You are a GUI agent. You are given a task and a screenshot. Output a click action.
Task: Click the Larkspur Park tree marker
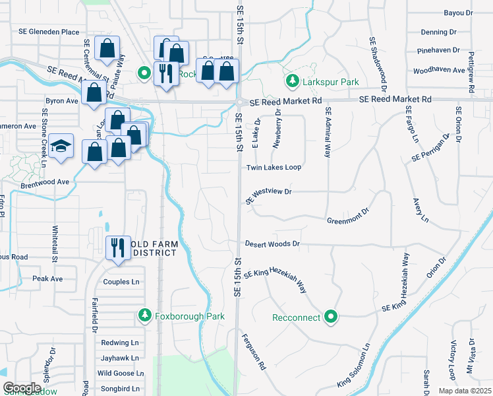click(x=291, y=81)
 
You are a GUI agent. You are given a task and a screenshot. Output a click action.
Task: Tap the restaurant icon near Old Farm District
click(x=118, y=248)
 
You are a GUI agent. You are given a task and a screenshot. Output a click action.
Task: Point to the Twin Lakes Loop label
click(x=274, y=168)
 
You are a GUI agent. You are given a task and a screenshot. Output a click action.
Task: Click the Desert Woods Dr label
click(x=272, y=244)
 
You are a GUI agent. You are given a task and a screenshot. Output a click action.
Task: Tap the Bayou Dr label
click(x=459, y=13)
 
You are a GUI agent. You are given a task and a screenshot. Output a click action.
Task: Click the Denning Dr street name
click(x=439, y=32)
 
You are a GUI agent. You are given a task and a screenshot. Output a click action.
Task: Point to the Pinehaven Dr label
click(x=437, y=51)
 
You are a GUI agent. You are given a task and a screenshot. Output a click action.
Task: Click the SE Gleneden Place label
click(x=49, y=32)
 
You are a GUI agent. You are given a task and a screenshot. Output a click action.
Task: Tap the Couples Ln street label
click(x=121, y=282)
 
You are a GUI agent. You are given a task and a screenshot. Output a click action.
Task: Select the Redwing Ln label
click(x=119, y=343)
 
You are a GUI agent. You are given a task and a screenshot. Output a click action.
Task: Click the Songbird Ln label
click(x=120, y=389)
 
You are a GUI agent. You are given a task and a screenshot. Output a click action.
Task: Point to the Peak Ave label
click(x=47, y=279)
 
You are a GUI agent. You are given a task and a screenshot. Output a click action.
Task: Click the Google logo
click(x=21, y=389)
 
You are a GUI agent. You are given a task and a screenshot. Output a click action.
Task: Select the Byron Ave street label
click(x=61, y=101)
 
